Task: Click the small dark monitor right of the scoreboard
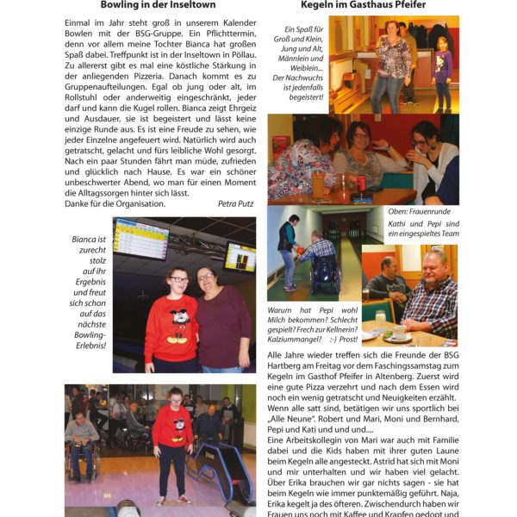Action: coord(240,257)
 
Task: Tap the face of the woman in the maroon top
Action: coord(206,279)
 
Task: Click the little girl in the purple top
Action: coord(442,67)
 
